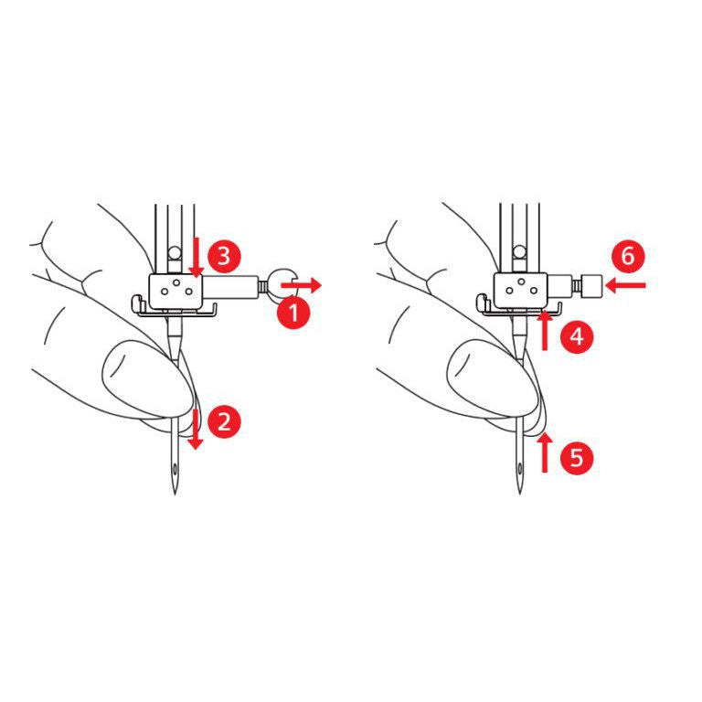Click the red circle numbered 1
294,312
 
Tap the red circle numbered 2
224,421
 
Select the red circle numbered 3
224,257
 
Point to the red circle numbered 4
577,336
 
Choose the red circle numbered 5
577,458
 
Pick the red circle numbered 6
628,257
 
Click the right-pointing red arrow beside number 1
301,285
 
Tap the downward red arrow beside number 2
196,429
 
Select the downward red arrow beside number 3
196,258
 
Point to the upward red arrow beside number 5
545,453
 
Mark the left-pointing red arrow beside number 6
625,285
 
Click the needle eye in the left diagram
175,469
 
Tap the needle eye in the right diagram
520,469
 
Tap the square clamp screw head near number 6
592,285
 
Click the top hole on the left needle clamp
176,282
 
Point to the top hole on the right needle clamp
522,282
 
